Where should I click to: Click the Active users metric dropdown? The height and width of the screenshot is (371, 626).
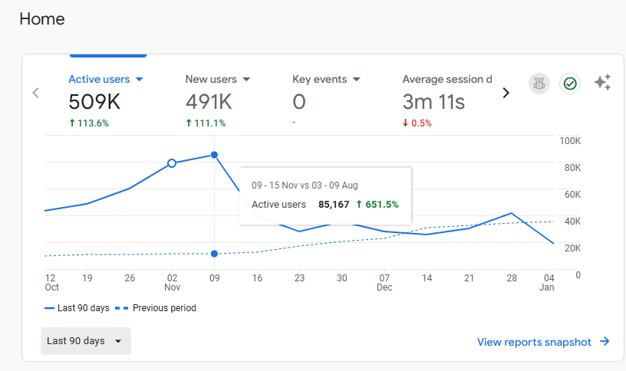coord(105,80)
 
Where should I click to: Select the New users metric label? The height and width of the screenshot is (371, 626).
coord(211,80)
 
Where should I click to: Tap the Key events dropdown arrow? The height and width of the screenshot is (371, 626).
coord(357,80)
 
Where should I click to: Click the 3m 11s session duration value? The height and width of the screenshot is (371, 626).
coord(433,102)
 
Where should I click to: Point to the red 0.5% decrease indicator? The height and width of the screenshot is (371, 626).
coord(417,123)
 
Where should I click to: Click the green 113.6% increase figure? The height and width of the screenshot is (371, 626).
coord(89,123)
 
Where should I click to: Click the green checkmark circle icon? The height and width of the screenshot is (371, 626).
coord(570,84)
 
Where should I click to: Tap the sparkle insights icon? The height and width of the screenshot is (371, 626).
coord(602,82)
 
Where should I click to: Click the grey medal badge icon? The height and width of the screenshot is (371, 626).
coord(539,84)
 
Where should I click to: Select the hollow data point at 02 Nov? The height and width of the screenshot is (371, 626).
coord(172,163)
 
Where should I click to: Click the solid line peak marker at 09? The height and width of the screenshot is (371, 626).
coord(214,155)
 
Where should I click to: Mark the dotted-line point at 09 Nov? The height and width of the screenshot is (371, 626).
coord(214,254)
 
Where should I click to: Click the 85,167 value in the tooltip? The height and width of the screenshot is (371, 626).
coord(334,205)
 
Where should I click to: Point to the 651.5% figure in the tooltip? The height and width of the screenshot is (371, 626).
coord(382,205)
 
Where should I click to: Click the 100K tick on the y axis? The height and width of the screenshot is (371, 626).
coord(570,141)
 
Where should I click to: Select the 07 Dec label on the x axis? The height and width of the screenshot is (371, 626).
coord(384,282)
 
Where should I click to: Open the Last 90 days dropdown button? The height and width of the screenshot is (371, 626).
coord(86,341)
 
